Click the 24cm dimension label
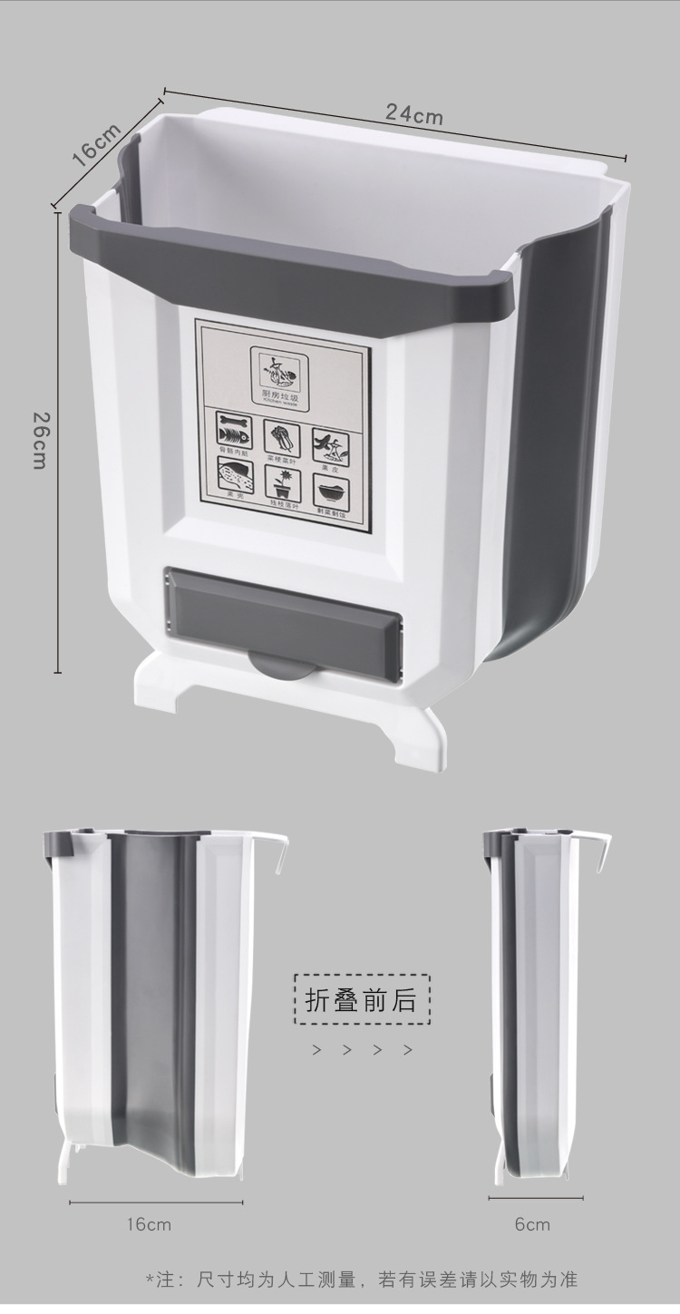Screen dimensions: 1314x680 coord(414,115)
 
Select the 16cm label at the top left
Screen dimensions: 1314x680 coord(96,144)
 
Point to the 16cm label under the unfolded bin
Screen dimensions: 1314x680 coord(149,1225)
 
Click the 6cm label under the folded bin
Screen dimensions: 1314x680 coord(532,1225)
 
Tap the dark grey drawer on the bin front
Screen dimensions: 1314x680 coord(282,618)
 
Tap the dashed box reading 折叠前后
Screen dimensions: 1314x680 coord(362,999)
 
